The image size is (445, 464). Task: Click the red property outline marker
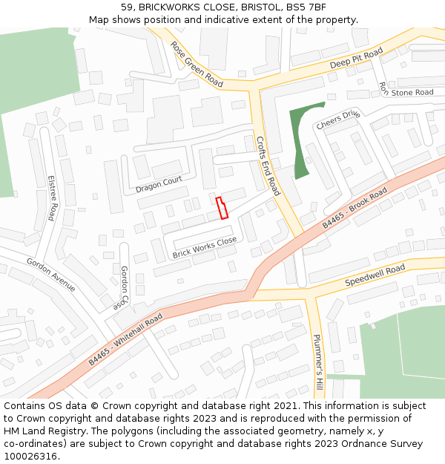(x=221, y=208)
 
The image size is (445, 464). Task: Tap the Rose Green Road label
(x=197, y=64)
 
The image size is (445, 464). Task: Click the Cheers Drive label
(x=338, y=120)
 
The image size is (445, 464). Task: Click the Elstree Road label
(x=51, y=198)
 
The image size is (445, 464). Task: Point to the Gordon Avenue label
(x=51, y=275)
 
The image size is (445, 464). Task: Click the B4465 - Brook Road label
(x=355, y=209)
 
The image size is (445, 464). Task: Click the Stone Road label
(x=412, y=93)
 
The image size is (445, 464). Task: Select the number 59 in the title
(x=127, y=7)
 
